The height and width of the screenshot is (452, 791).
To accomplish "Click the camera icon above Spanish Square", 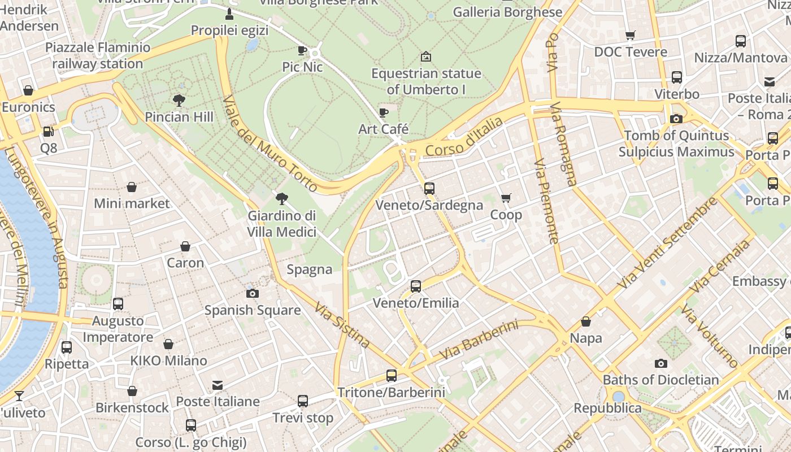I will (x=253, y=293).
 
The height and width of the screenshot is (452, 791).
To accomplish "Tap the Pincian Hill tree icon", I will (x=179, y=101).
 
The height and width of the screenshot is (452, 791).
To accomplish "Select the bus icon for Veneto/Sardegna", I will (x=429, y=188).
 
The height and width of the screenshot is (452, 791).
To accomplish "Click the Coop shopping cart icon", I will (x=506, y=198).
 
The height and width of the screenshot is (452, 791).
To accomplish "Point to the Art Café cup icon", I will (x=384, y=112).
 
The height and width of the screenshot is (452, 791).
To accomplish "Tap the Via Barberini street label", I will (x=479, y=340).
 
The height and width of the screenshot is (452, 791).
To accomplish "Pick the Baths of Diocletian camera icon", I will (x=660, y=363).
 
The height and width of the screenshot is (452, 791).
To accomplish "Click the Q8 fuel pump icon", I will (x=49, y=132).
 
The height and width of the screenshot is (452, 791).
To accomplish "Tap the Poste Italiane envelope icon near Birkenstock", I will (x=218, y=385).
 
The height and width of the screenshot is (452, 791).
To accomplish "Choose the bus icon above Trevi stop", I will (x=303, y=401).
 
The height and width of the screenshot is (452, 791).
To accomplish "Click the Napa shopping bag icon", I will (x=586, y=321).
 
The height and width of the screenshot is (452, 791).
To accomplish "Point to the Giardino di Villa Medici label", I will (x=281, y=224).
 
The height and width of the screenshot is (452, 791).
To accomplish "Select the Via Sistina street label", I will (x=342, y=326).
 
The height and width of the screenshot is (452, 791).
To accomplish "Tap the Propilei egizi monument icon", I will (x=229, y=14).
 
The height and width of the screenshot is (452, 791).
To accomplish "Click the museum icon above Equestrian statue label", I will (x=426, y=56).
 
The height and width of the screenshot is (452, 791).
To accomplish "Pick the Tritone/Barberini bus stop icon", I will (x=391, y=375).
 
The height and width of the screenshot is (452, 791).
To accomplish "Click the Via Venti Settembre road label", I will (x=667, y=243).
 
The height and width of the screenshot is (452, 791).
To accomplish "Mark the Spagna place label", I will (x=310, y=270).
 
